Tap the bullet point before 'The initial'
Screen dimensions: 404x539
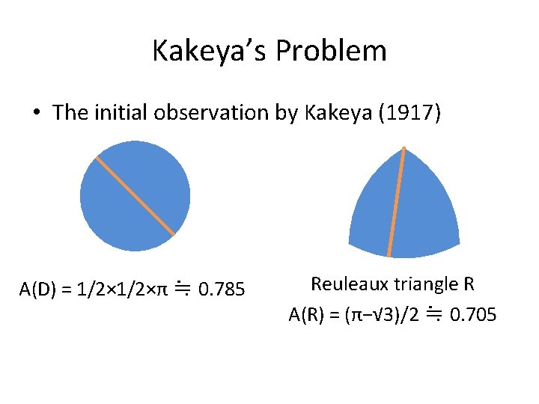click(x=36, y=113)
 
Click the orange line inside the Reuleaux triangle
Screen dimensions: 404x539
click(x=397, y=202)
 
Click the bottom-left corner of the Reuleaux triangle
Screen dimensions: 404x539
click(x=350, y=241)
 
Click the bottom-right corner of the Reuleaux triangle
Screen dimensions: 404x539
click(x=458, y=241)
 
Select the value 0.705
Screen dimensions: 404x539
click(x=472, y=315)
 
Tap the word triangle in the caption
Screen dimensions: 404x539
click(x=424, y=284)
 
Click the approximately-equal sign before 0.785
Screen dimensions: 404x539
click(x=181, y=287)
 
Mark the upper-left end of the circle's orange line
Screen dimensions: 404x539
click(x=97, y=158)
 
